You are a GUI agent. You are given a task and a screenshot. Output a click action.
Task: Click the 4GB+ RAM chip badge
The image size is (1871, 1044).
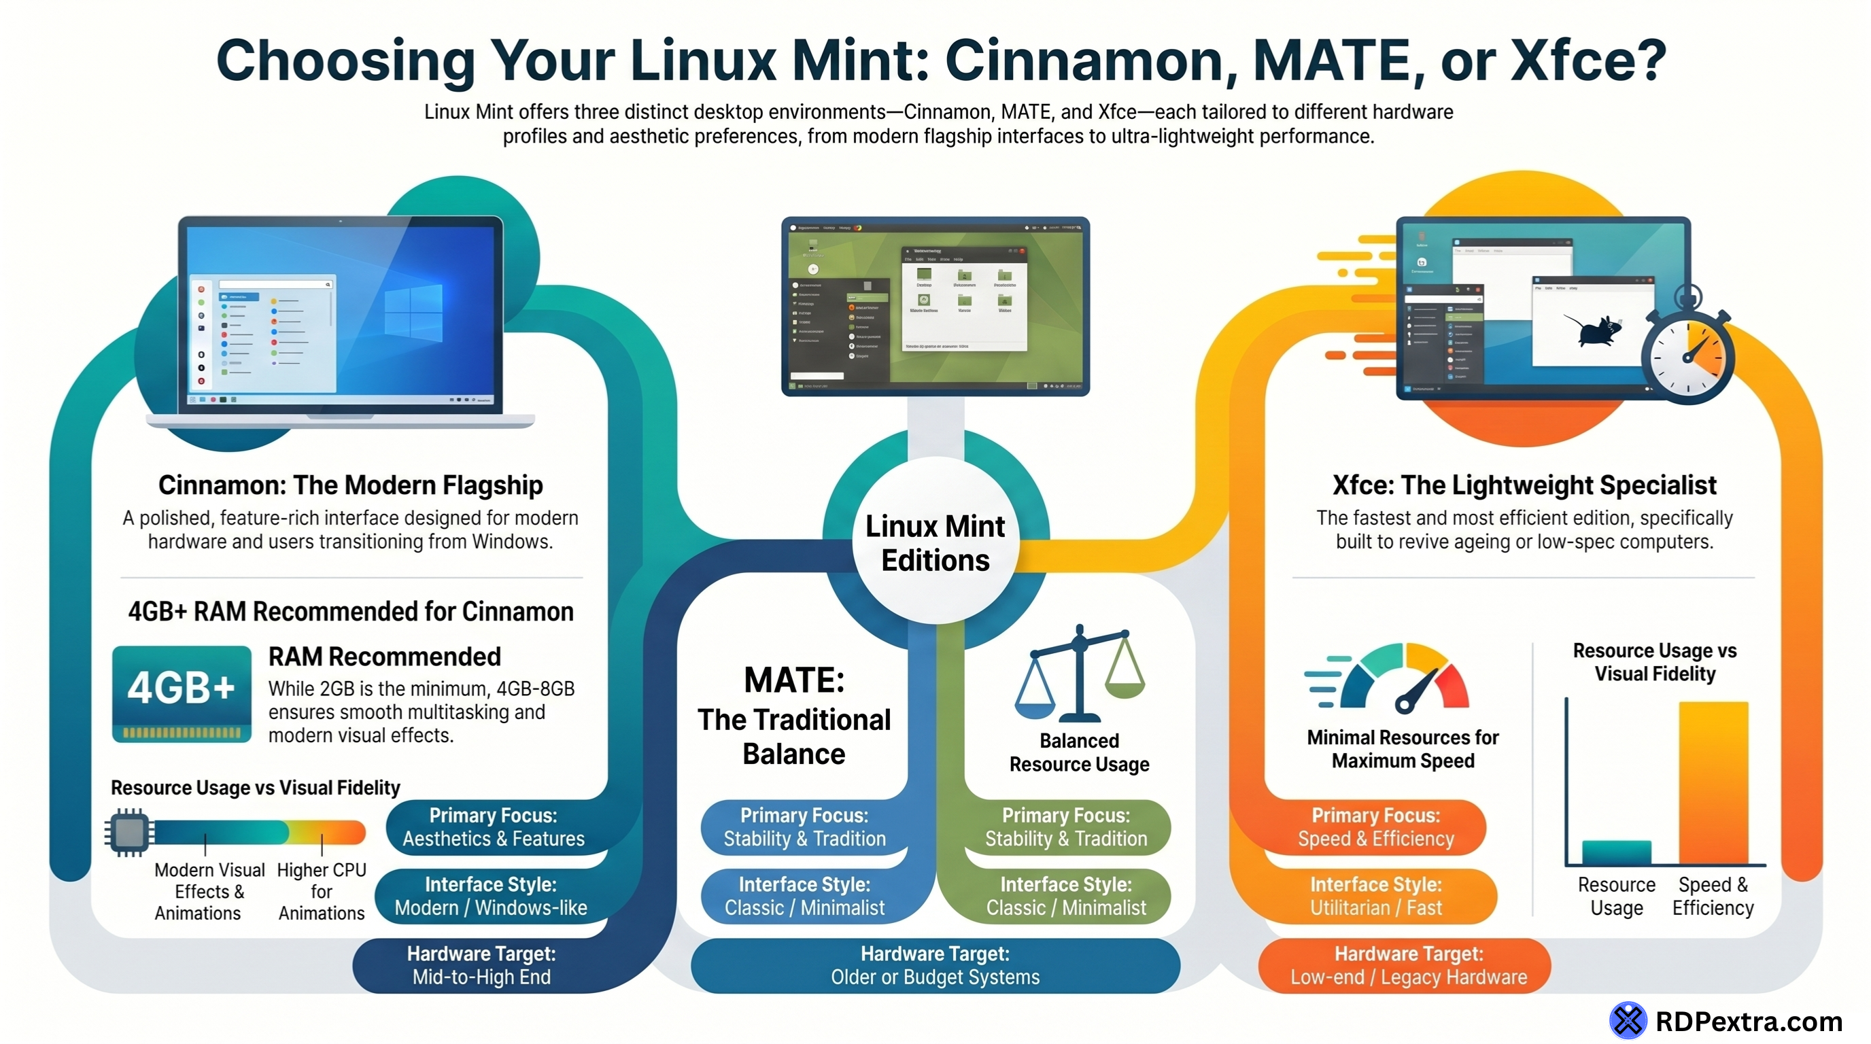182,693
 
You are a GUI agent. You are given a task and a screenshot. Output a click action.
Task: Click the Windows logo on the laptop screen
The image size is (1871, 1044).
413,312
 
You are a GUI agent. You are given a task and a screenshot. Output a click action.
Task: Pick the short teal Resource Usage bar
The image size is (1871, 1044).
1616,852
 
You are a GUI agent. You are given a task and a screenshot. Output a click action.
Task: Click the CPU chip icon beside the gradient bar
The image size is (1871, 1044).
129,832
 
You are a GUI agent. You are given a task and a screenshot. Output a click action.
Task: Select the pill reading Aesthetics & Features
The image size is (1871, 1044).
493,827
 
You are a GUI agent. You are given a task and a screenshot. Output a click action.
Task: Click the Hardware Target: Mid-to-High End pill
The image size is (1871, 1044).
481,965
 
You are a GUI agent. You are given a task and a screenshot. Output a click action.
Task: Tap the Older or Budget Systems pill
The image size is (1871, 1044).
935,965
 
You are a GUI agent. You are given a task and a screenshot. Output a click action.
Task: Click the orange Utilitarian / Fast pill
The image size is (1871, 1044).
1375,896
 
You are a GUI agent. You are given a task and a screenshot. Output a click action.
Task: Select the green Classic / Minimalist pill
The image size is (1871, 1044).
1065,896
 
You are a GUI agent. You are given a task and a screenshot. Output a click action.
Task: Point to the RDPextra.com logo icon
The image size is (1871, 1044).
1628,1020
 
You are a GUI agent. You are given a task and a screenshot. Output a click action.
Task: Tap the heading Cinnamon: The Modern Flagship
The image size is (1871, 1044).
350,485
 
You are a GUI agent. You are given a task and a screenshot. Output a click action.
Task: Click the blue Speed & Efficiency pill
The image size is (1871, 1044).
1375,827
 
